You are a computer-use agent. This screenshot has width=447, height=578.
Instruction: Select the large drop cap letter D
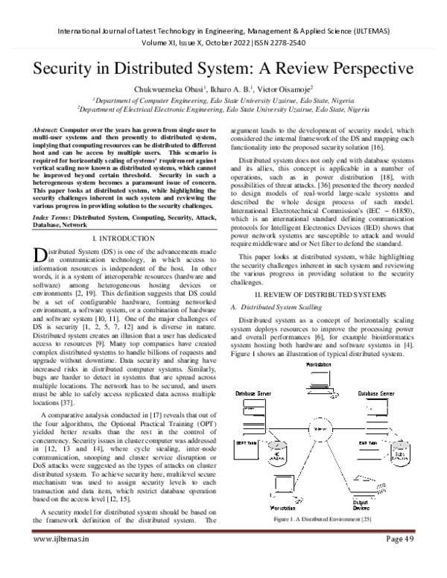click(39, 233)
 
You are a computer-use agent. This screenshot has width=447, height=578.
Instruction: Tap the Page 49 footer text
click(406, 560)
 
